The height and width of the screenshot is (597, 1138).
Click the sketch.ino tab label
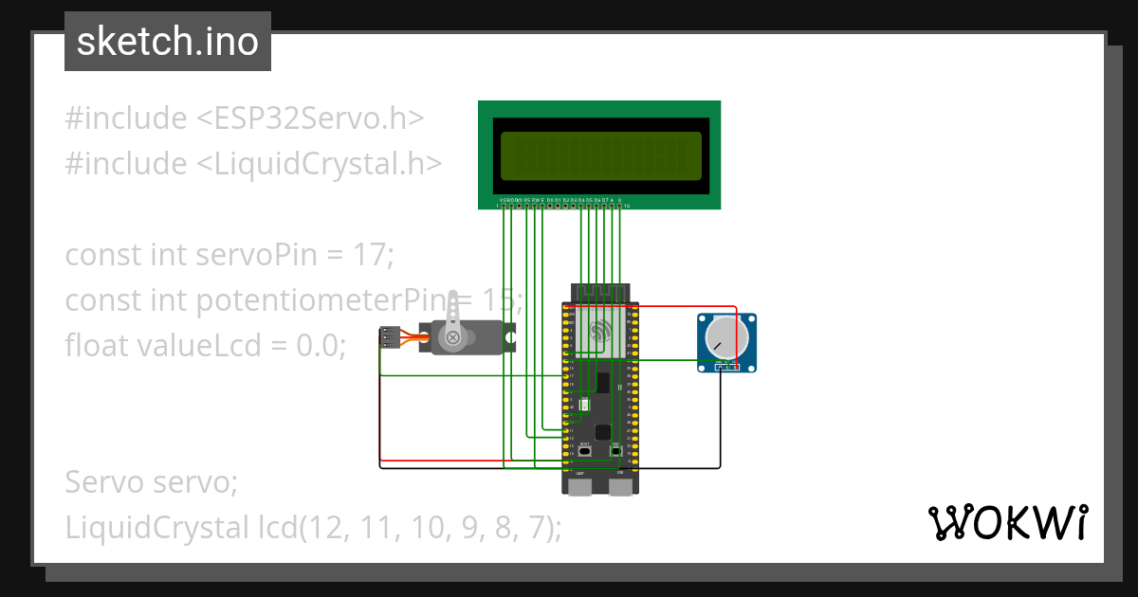(x=167, y=42)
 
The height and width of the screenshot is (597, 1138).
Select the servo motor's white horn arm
(x=453, y=314)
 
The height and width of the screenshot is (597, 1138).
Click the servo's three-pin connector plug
(x=388, y=337)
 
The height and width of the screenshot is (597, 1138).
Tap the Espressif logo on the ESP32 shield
(x=599, y=332)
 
